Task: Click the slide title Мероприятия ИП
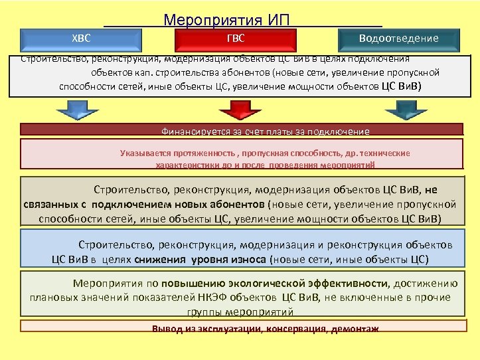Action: pyautogui.click(x=226, y=19)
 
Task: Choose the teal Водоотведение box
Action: pyautogui.click(x=398, y=39)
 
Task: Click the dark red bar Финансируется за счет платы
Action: pyautogui.click(x=266, y=131)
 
